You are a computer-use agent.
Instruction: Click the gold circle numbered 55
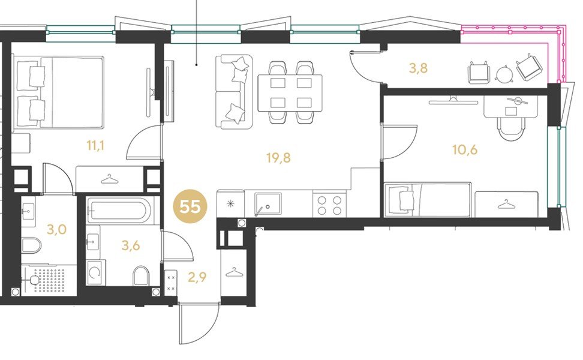click(x=190, y=206)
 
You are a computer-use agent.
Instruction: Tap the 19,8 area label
click(x=278, y=158)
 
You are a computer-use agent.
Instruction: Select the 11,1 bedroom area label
click(x=95, y=145)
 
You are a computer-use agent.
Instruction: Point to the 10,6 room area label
click(x=465, y=149)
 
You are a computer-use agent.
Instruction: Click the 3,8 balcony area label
click(x=418, y=68)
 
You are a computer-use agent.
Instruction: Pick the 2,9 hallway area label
click(x=197, y=277)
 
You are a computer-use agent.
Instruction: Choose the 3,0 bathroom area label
click(x=56, y=229)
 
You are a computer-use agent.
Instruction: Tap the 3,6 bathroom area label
click(x=131, y=245)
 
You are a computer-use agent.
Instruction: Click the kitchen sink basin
click(x=268, y=204)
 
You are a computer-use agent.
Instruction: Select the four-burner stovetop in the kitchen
click(x=329, y=205)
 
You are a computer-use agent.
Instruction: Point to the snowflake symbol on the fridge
click(x=231, y=203)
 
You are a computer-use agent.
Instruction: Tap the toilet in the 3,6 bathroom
click(x=140, y=275)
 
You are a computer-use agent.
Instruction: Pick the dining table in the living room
click(x=290, y=93)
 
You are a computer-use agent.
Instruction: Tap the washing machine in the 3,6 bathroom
click(x=95, y=272)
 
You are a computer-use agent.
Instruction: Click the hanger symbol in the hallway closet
click(x=234, y=272)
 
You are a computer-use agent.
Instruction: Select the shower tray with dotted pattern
click(x=49, y=280)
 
